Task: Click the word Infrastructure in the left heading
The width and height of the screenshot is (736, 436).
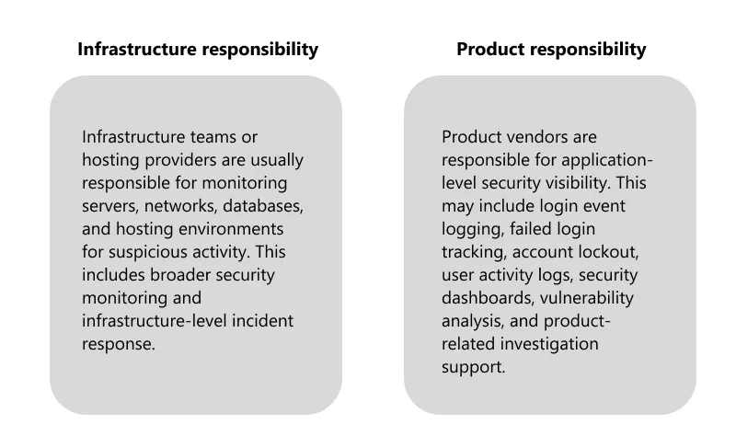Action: click(x=136, y=49)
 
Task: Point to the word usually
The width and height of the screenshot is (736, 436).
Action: click(x=277, y=161)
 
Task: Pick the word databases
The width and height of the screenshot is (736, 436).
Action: click(x=263, y=206)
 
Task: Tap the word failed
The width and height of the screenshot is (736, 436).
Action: click(x=530, y=229)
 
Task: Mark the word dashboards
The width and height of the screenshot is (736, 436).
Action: click(x=489, y=298)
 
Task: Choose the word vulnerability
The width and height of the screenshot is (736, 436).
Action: click(x=587, y=299)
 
